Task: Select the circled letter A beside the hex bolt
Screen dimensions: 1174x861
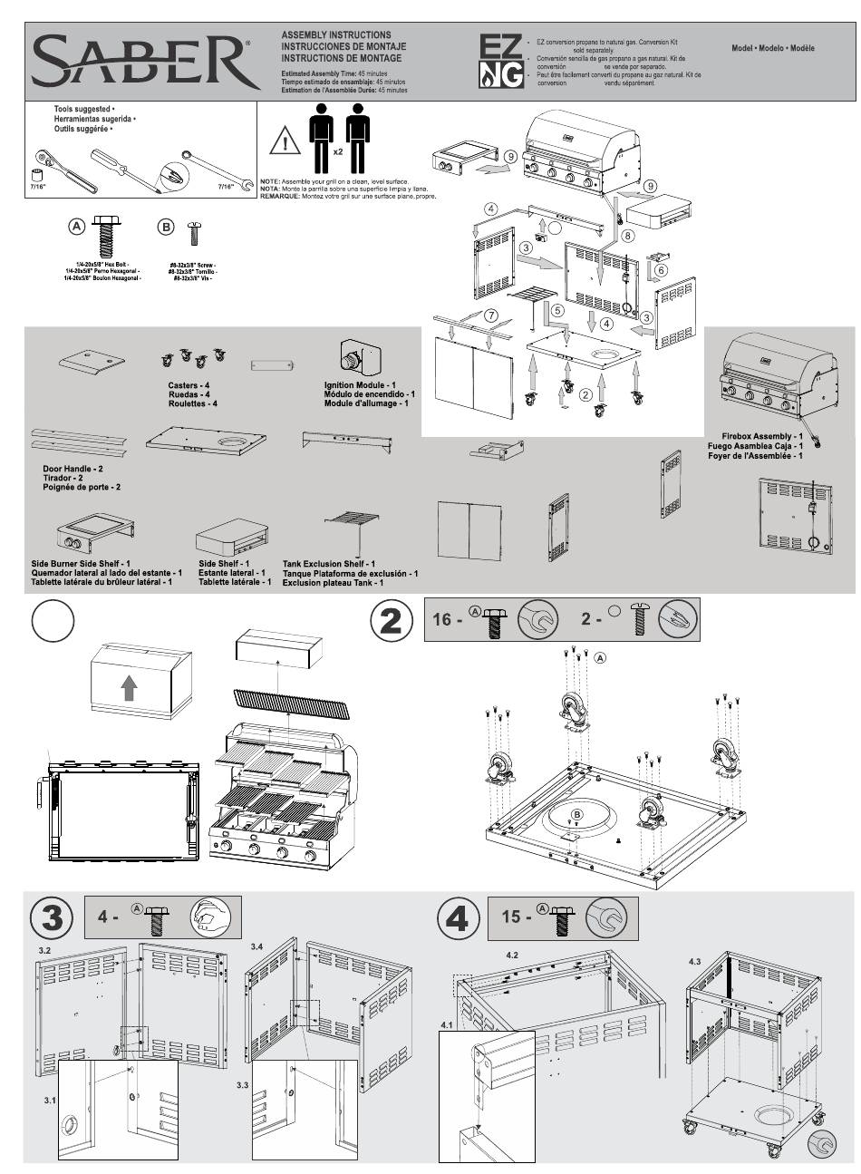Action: pos(78,226)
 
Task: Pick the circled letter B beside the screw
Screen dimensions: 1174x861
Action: pos(166,226)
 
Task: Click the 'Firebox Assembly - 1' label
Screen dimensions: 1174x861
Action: pos(757,436)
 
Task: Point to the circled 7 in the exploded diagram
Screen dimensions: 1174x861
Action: pos(490,315)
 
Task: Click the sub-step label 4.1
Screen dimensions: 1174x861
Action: pos(446,1024)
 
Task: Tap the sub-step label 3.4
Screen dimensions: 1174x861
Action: pos(256,947)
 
